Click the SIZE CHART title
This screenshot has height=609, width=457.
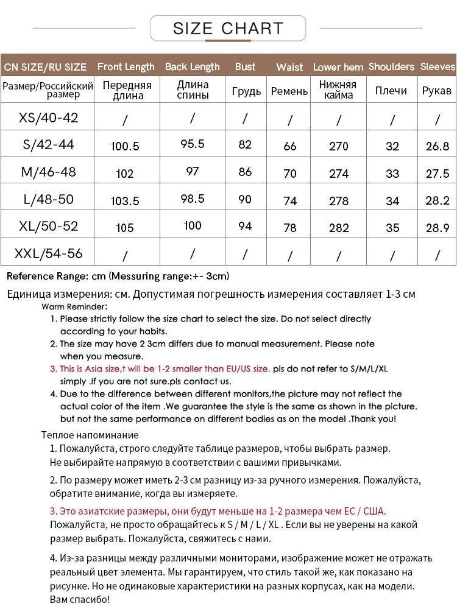(x=228, y=28)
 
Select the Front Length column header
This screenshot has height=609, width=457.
(x=126, y=66)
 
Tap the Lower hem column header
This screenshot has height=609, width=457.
(x=338, y=67)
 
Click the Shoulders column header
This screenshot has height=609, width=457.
(x=391, y=66)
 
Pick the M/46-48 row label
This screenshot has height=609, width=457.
(x=49, y=172)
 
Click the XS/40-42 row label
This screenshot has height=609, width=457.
(x=49, y=118)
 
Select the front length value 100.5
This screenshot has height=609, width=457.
(x=125, y=146)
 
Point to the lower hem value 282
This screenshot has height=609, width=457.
(x=339, y=228)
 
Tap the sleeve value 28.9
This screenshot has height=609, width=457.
(x=437, y=228)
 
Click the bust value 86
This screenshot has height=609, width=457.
(x=245, y=172)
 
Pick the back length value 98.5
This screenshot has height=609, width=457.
(x=193, y=199)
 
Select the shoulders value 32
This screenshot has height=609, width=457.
(x=392, y=146)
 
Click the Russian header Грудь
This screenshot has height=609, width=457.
(x=246, y=91)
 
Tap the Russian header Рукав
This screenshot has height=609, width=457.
(x=437, y=91)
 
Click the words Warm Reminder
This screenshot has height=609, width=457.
(x=74, y=306)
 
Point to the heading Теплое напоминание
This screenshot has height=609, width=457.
(x=90, y=435)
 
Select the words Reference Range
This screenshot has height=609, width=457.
(x=48, y=276)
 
